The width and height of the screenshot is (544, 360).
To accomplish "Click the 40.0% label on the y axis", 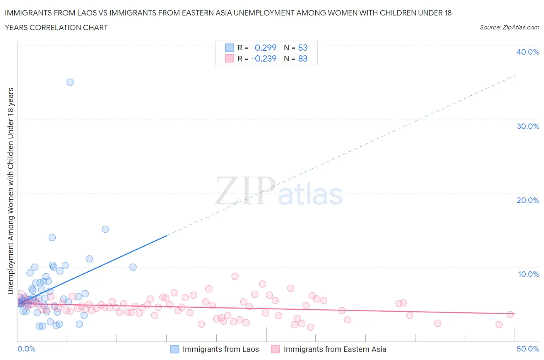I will [527, 52].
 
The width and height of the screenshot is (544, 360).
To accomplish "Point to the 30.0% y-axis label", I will [527, 126].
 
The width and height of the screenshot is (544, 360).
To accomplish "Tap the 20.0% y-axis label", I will [527, 200].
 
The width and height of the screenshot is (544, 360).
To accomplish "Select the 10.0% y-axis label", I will [528, 274].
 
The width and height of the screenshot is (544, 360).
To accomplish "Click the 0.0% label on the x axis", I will [26, 349].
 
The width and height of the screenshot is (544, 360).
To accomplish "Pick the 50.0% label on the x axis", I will [527, 349].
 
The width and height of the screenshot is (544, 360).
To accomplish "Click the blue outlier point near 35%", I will [70, 82].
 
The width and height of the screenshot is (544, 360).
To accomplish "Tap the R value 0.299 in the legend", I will [265, 48].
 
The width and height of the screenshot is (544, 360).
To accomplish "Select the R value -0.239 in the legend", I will [264, 58].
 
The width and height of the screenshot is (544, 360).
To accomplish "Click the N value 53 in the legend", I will [303, 48].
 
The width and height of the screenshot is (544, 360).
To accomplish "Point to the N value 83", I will [303, 58].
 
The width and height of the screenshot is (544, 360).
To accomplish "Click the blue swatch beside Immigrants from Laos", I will [175, 349].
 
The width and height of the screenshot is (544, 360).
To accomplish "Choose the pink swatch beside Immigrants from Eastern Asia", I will [275, 349].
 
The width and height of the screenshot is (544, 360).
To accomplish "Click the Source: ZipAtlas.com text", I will [509, 27].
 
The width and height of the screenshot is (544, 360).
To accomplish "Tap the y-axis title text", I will [11, 191].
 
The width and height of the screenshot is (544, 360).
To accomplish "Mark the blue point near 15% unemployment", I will [105, 229].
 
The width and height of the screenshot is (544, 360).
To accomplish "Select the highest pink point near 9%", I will [235, 276].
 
